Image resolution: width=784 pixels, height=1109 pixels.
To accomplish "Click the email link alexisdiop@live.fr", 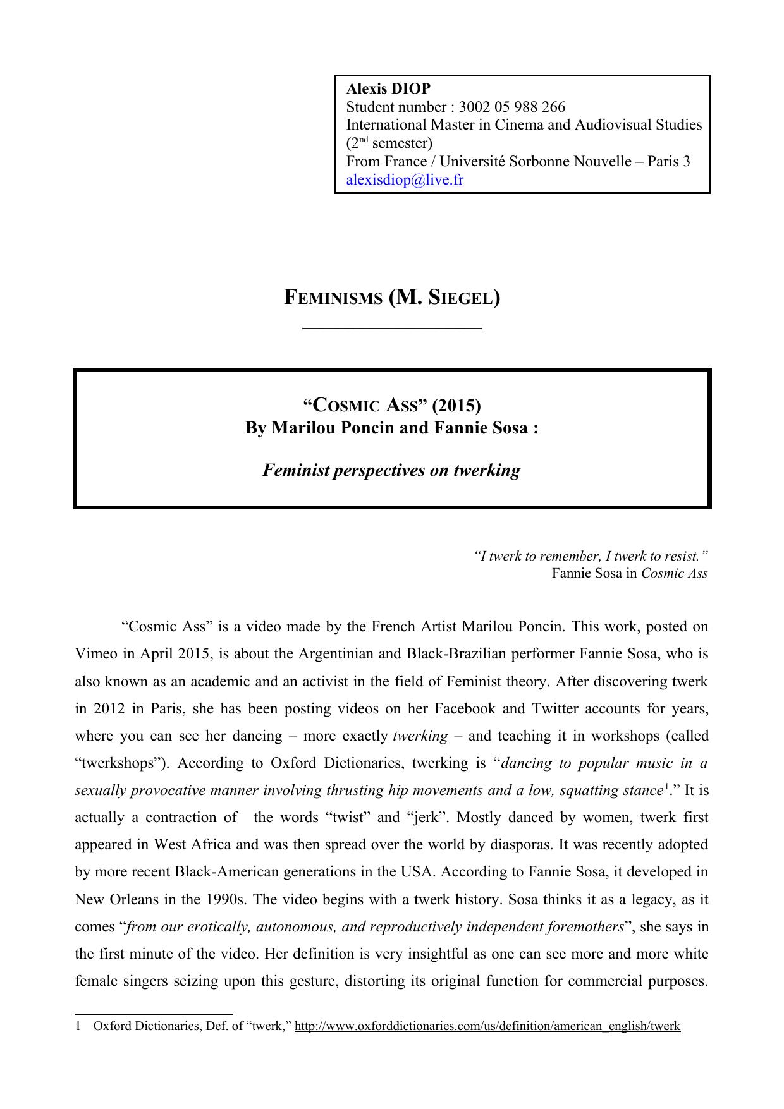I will (x=405, y=180).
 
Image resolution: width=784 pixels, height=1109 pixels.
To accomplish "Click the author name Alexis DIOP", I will (x=388, y=88).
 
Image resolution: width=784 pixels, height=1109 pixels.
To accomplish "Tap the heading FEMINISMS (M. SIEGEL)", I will (x=392, y=297).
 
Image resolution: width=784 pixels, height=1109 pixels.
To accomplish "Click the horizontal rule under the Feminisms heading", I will (x=392, y=328).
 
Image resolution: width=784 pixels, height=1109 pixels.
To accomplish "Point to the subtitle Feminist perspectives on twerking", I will (x=391, y=470).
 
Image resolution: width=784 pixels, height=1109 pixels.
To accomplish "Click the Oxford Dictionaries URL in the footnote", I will (x=487, y=1026).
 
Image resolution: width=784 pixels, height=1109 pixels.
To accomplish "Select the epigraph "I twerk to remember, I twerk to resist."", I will (x=591, y=556).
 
